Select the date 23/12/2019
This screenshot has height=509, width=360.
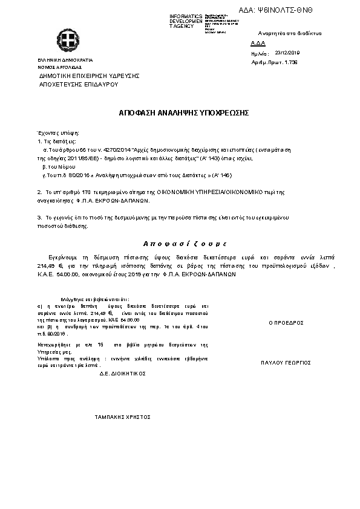click(x=287, y=53)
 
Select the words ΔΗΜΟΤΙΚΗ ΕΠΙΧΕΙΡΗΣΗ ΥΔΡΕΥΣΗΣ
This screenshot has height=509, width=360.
click(x=89, y=76)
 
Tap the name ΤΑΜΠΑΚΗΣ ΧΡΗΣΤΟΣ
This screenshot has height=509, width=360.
click(x=123, y=417)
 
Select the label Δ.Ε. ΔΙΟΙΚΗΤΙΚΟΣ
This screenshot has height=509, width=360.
click(x=123, y=374)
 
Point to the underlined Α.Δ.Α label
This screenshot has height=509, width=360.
click(x=257, y=44)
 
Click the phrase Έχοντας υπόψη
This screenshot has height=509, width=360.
click(x=54, y=132)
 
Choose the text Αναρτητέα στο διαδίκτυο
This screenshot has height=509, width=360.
click(x=289, y=33)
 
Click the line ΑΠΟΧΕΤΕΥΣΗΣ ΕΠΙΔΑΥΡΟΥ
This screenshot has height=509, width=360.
click(x=78, y=84)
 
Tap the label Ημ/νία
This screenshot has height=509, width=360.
click(x=258, y=53)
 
